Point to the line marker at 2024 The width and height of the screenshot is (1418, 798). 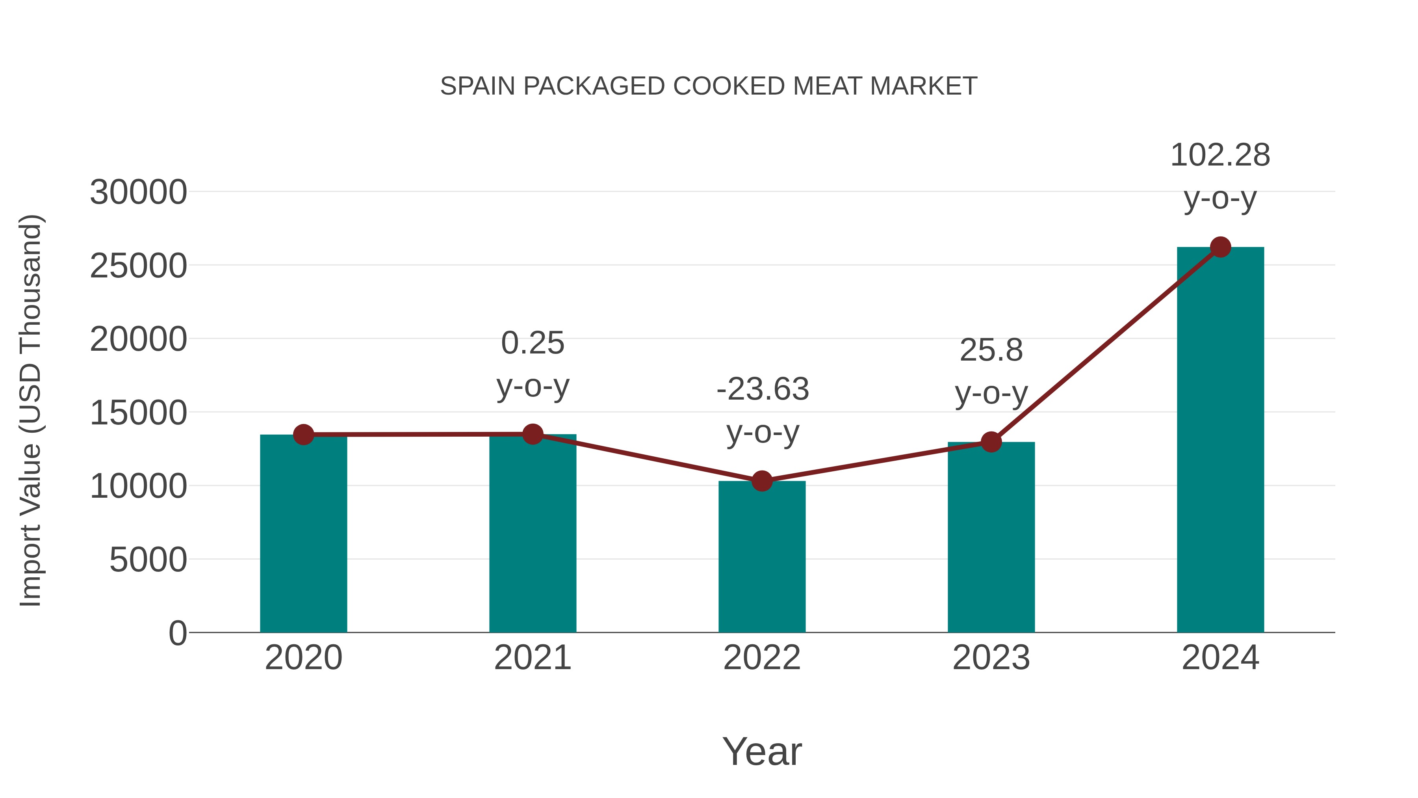pyautogui.click(x=1220, y=247)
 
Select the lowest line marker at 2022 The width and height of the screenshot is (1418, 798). pyautogui.click(x=762, y=481)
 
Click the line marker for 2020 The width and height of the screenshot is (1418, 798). pyautogui.click(x=303, y=435)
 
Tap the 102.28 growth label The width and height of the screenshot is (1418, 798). pyautogui.click(x=1220, y=155)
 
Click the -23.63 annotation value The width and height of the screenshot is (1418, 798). pyautogui.click(x=763, y=389)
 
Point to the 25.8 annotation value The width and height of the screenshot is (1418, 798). pyautogui.click(x=991, y=350)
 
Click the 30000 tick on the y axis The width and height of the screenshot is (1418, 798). pyautogui.click(x=138, y=193)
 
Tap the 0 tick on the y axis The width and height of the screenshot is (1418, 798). pyautogui.click(x=177, y=633)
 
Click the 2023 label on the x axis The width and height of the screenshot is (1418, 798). pyautogui.click(x=991, y=658)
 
